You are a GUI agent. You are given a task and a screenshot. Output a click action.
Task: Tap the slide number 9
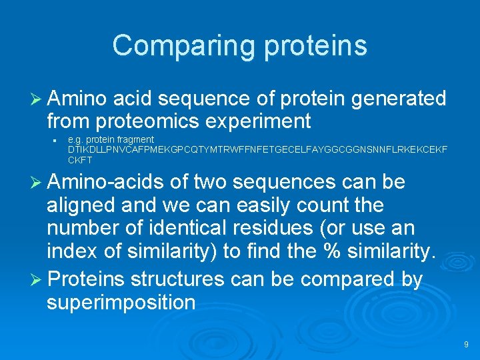click(466, 345)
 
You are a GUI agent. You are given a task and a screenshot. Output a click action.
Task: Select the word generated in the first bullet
click(399, 99)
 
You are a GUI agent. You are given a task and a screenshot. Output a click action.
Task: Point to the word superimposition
click(121, 303)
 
